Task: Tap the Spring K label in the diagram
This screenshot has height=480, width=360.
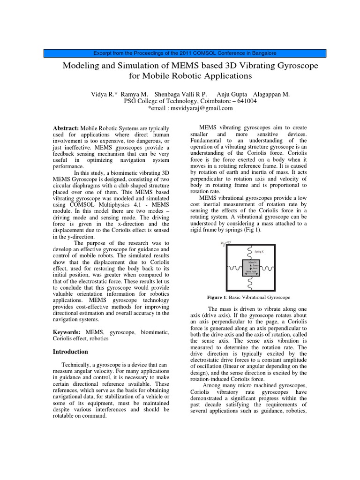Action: coord(260,252)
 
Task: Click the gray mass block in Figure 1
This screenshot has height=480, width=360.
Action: coord(251,267)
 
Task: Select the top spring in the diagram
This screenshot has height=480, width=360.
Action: coord(251,252)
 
